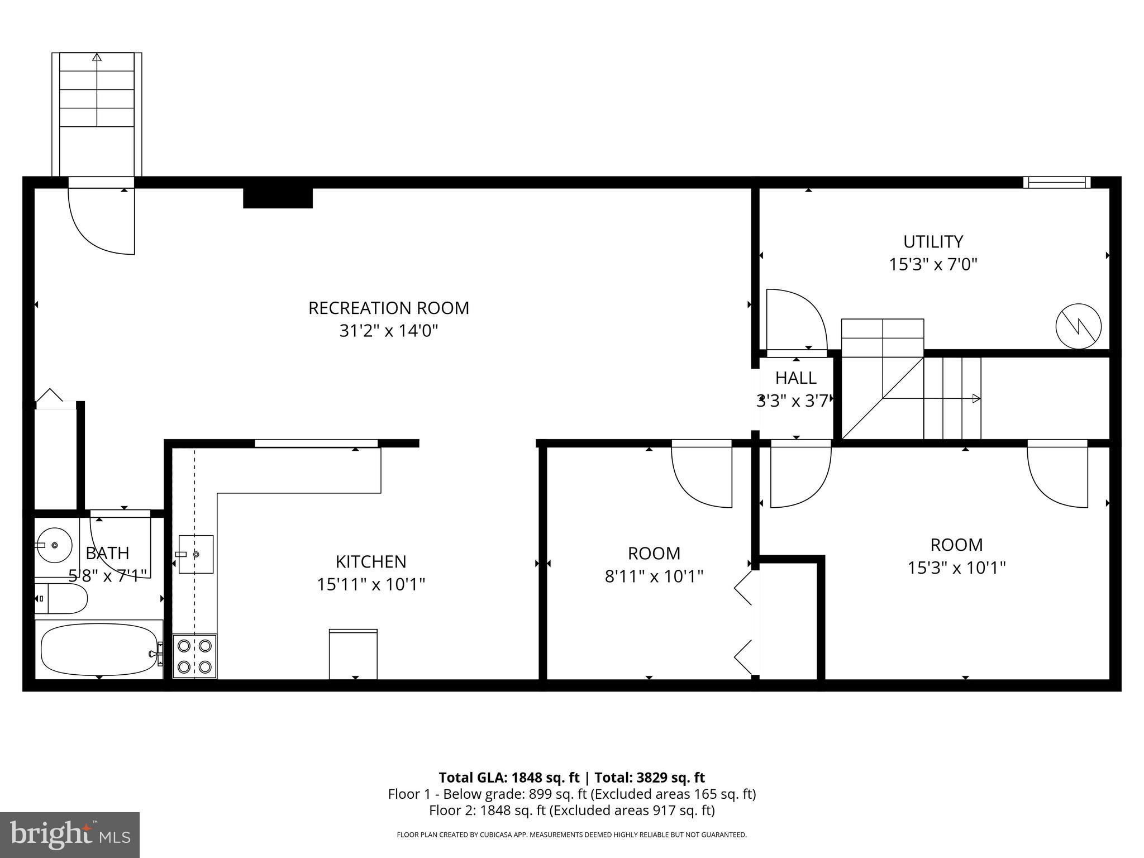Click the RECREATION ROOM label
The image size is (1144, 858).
click(x=389, y=308)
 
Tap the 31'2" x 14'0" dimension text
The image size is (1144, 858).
click(x=389, y=331)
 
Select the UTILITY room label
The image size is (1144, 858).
click(x=933, y=242)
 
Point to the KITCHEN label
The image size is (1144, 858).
click(x=371, y=561)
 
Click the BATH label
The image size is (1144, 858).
click(x=107, y=553)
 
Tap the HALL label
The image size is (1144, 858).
click(x=795, y=378)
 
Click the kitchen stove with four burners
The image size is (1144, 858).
click(x=194, y=656)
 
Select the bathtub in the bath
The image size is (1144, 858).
click(x=98, y=649)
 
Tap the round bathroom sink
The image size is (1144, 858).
click(x=54, y=545)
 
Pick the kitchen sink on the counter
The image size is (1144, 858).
click(x=196, y=554)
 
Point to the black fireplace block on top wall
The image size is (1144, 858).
click(x=278, y=198)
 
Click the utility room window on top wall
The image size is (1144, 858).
click(x=1056, y=182)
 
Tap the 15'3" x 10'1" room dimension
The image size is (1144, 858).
click(x=956, y=568)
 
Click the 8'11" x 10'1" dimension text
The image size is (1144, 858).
click(x=654, y=576)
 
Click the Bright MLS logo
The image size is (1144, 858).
click(x=70, y=835)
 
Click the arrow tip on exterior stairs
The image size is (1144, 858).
click(x=97, y=57)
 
